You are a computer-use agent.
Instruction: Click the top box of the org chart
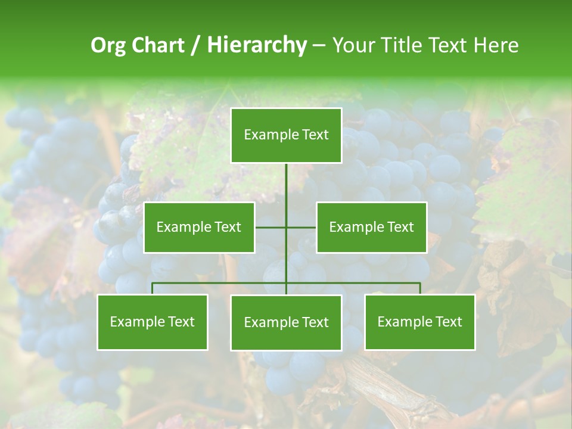point(286,135)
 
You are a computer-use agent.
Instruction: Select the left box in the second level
point(199,227)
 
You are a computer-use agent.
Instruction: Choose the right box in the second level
point(371,227)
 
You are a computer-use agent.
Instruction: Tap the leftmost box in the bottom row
point(152,322)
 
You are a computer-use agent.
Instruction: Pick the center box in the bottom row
point(286,322)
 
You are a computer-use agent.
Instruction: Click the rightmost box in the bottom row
point(419,322)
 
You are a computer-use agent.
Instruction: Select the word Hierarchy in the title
point(257,45)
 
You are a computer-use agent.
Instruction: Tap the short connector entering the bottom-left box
point(152,289)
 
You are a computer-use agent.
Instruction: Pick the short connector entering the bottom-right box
point(420,289)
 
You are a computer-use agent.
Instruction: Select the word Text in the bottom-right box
point(448,322)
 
